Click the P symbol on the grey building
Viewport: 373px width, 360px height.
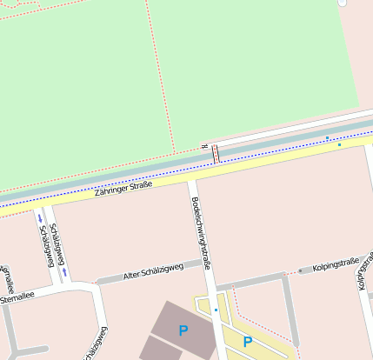point(183,330)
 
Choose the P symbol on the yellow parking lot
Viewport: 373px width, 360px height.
point(248,342)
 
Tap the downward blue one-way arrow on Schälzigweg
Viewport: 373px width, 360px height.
point(39,218)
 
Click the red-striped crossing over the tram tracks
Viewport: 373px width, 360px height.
point(216,152)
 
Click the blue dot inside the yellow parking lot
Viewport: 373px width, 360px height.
point(216,310)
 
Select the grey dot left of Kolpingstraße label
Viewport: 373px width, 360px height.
point(300,270)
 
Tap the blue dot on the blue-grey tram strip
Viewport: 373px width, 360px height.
point(327,137)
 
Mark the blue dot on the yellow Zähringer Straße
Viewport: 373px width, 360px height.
point(340,144)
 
